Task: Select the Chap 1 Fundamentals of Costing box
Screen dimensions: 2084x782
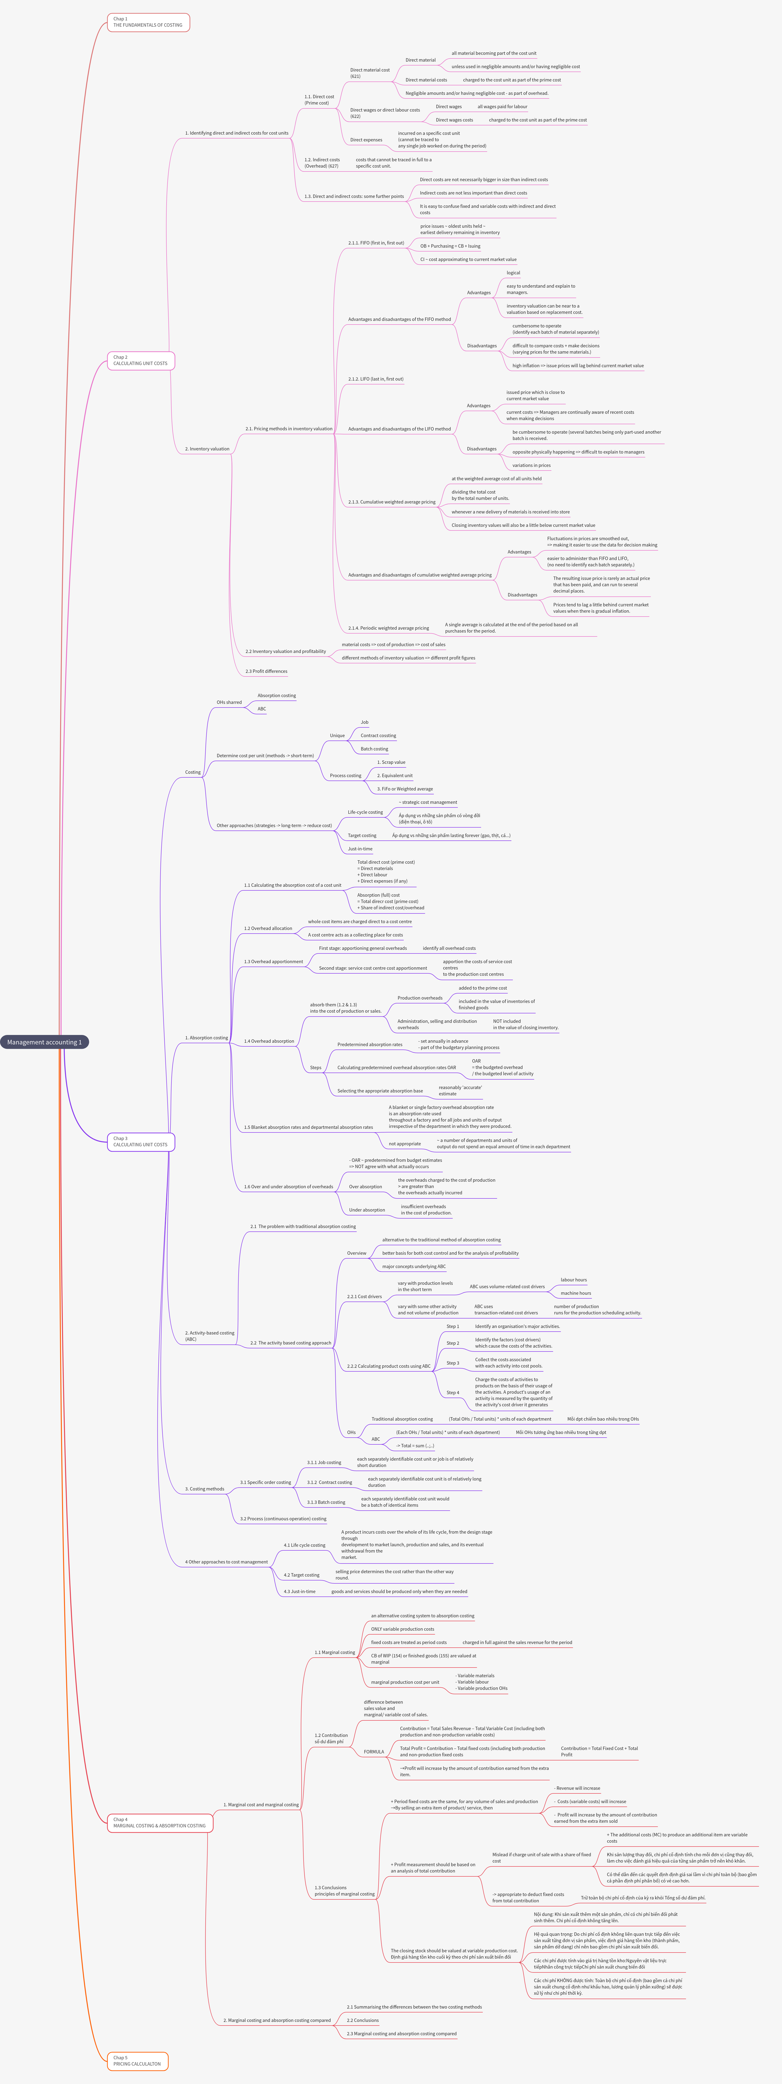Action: tap(148, 22)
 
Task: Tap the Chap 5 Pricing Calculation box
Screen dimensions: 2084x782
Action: tap(137, 2060)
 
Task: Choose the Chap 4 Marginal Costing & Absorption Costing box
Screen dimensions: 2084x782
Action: tap(159, 1822)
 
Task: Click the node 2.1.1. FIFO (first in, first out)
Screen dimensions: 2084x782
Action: tap(376, 243)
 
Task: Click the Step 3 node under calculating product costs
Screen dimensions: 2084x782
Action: tap(453, 1363)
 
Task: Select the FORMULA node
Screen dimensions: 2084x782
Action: tap(374, 1751)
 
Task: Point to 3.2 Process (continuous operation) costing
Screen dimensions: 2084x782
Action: tap(283, 1519)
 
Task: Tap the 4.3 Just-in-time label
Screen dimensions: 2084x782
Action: tap(299, 1591)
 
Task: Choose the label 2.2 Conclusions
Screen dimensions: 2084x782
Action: tap(362, 2020)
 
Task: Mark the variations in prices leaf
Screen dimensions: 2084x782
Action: tap(531, 465)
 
